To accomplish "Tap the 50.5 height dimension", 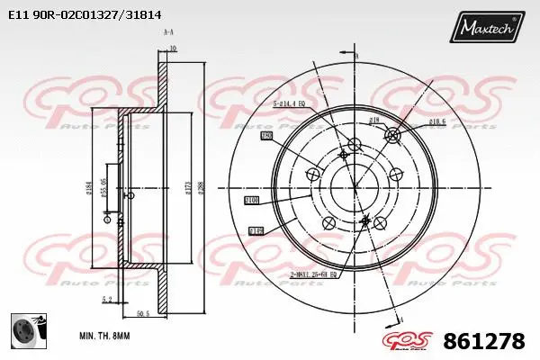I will [143, 314].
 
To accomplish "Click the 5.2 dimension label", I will [107, 300].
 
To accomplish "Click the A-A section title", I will [167, 31].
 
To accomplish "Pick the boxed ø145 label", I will [255, 231].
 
